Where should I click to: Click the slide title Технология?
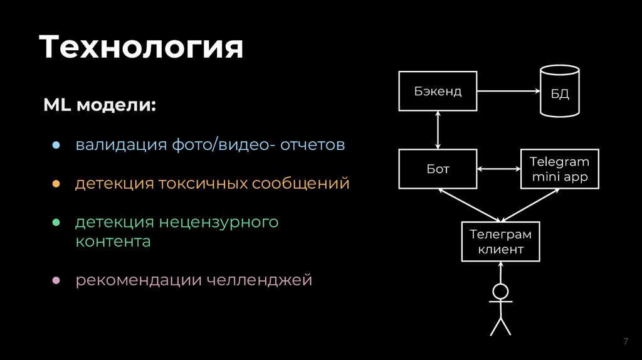tap(141, 47)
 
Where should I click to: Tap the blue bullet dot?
tap(55, 146)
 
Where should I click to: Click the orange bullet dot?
tap(55, 184)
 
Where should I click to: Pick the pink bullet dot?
tap(55, 280)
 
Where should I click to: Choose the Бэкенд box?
tap(438, 92)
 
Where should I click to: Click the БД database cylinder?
tap(560, 92)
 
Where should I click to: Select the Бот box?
tap(438, 169)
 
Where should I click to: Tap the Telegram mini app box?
tap(560, 169)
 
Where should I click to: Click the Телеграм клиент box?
tap(500, 241)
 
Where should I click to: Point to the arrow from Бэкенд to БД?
tap(508, 92)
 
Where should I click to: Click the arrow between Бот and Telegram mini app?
tap(499, 169)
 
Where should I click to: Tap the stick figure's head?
tap(500, 292)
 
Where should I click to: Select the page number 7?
tap(625, 341)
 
